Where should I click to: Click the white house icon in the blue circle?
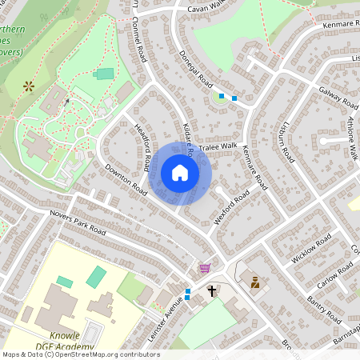click(180, 173)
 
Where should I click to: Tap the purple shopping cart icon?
click(205, 269)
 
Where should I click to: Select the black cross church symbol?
click(213, 291)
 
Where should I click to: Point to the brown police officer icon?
click(255, 282)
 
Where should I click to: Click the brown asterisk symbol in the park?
click(29, 84)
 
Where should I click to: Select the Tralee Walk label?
click(220, 146)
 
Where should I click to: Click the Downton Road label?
click(126, 180)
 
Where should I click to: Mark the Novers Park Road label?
click(77, 219)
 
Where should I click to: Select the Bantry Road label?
click(324, 308)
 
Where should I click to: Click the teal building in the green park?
click(103, 74)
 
